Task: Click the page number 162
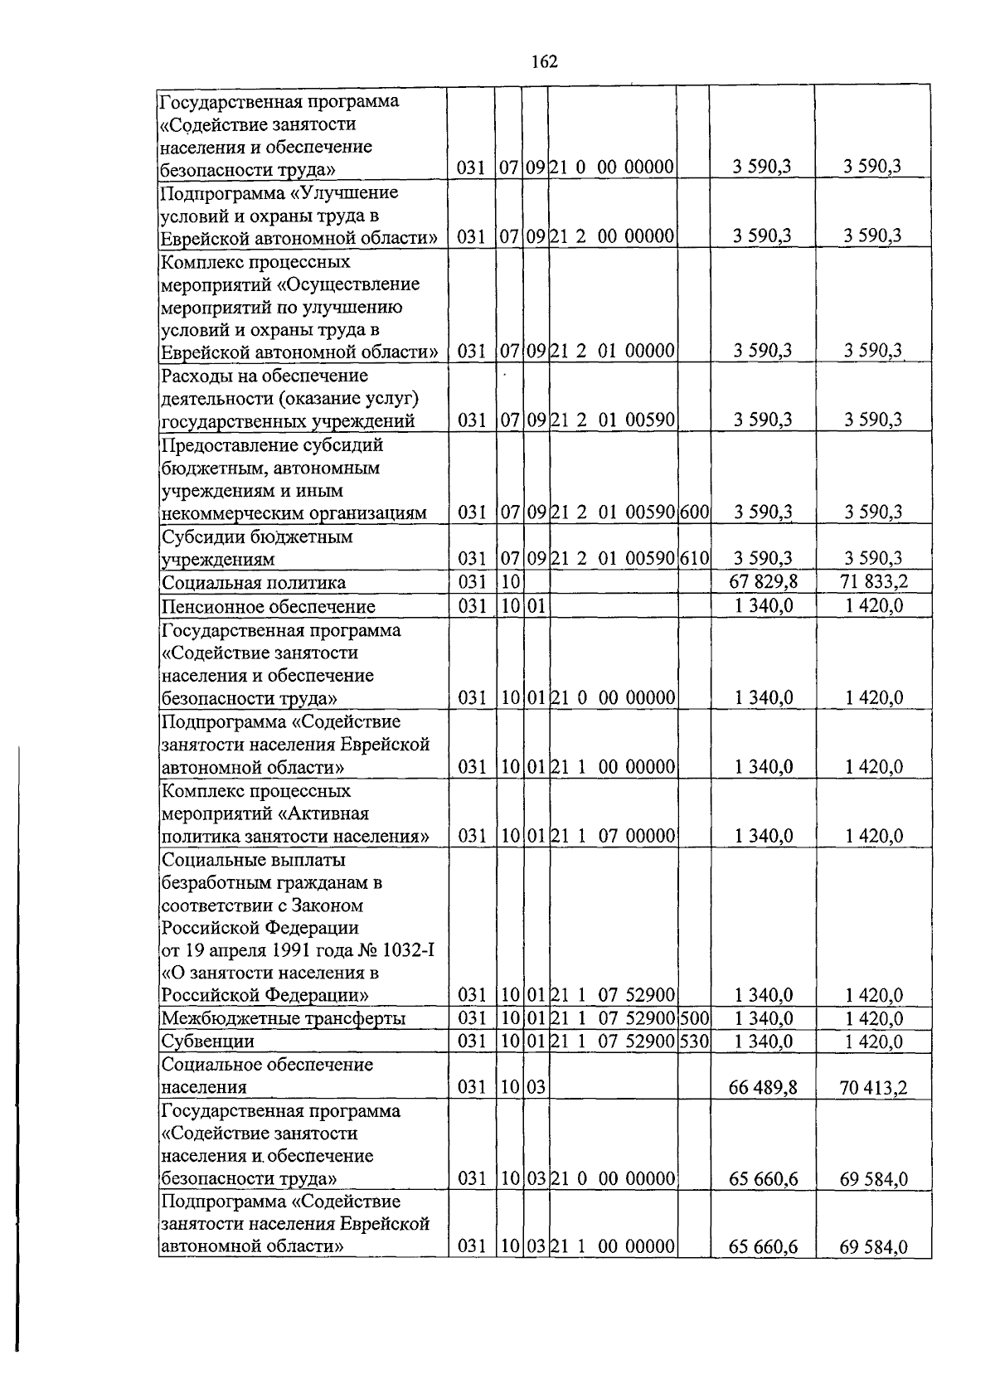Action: (544, 62)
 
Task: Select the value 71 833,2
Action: (873, 582)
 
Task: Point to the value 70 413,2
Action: (873, 1087)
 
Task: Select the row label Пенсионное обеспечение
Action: (268, 606)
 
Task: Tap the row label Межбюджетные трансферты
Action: (284, 1018)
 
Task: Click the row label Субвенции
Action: (208, 1041)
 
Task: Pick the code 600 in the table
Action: (694, 512)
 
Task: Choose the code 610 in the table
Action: (694, 559)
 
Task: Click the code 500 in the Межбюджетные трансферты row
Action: (694, 1018)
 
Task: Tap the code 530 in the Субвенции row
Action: (694, 1041)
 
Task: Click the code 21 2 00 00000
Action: (613, 236)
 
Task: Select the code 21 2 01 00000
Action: (613, 351)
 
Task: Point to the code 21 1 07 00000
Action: (613, 836)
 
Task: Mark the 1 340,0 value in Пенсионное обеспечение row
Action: (763, 606)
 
